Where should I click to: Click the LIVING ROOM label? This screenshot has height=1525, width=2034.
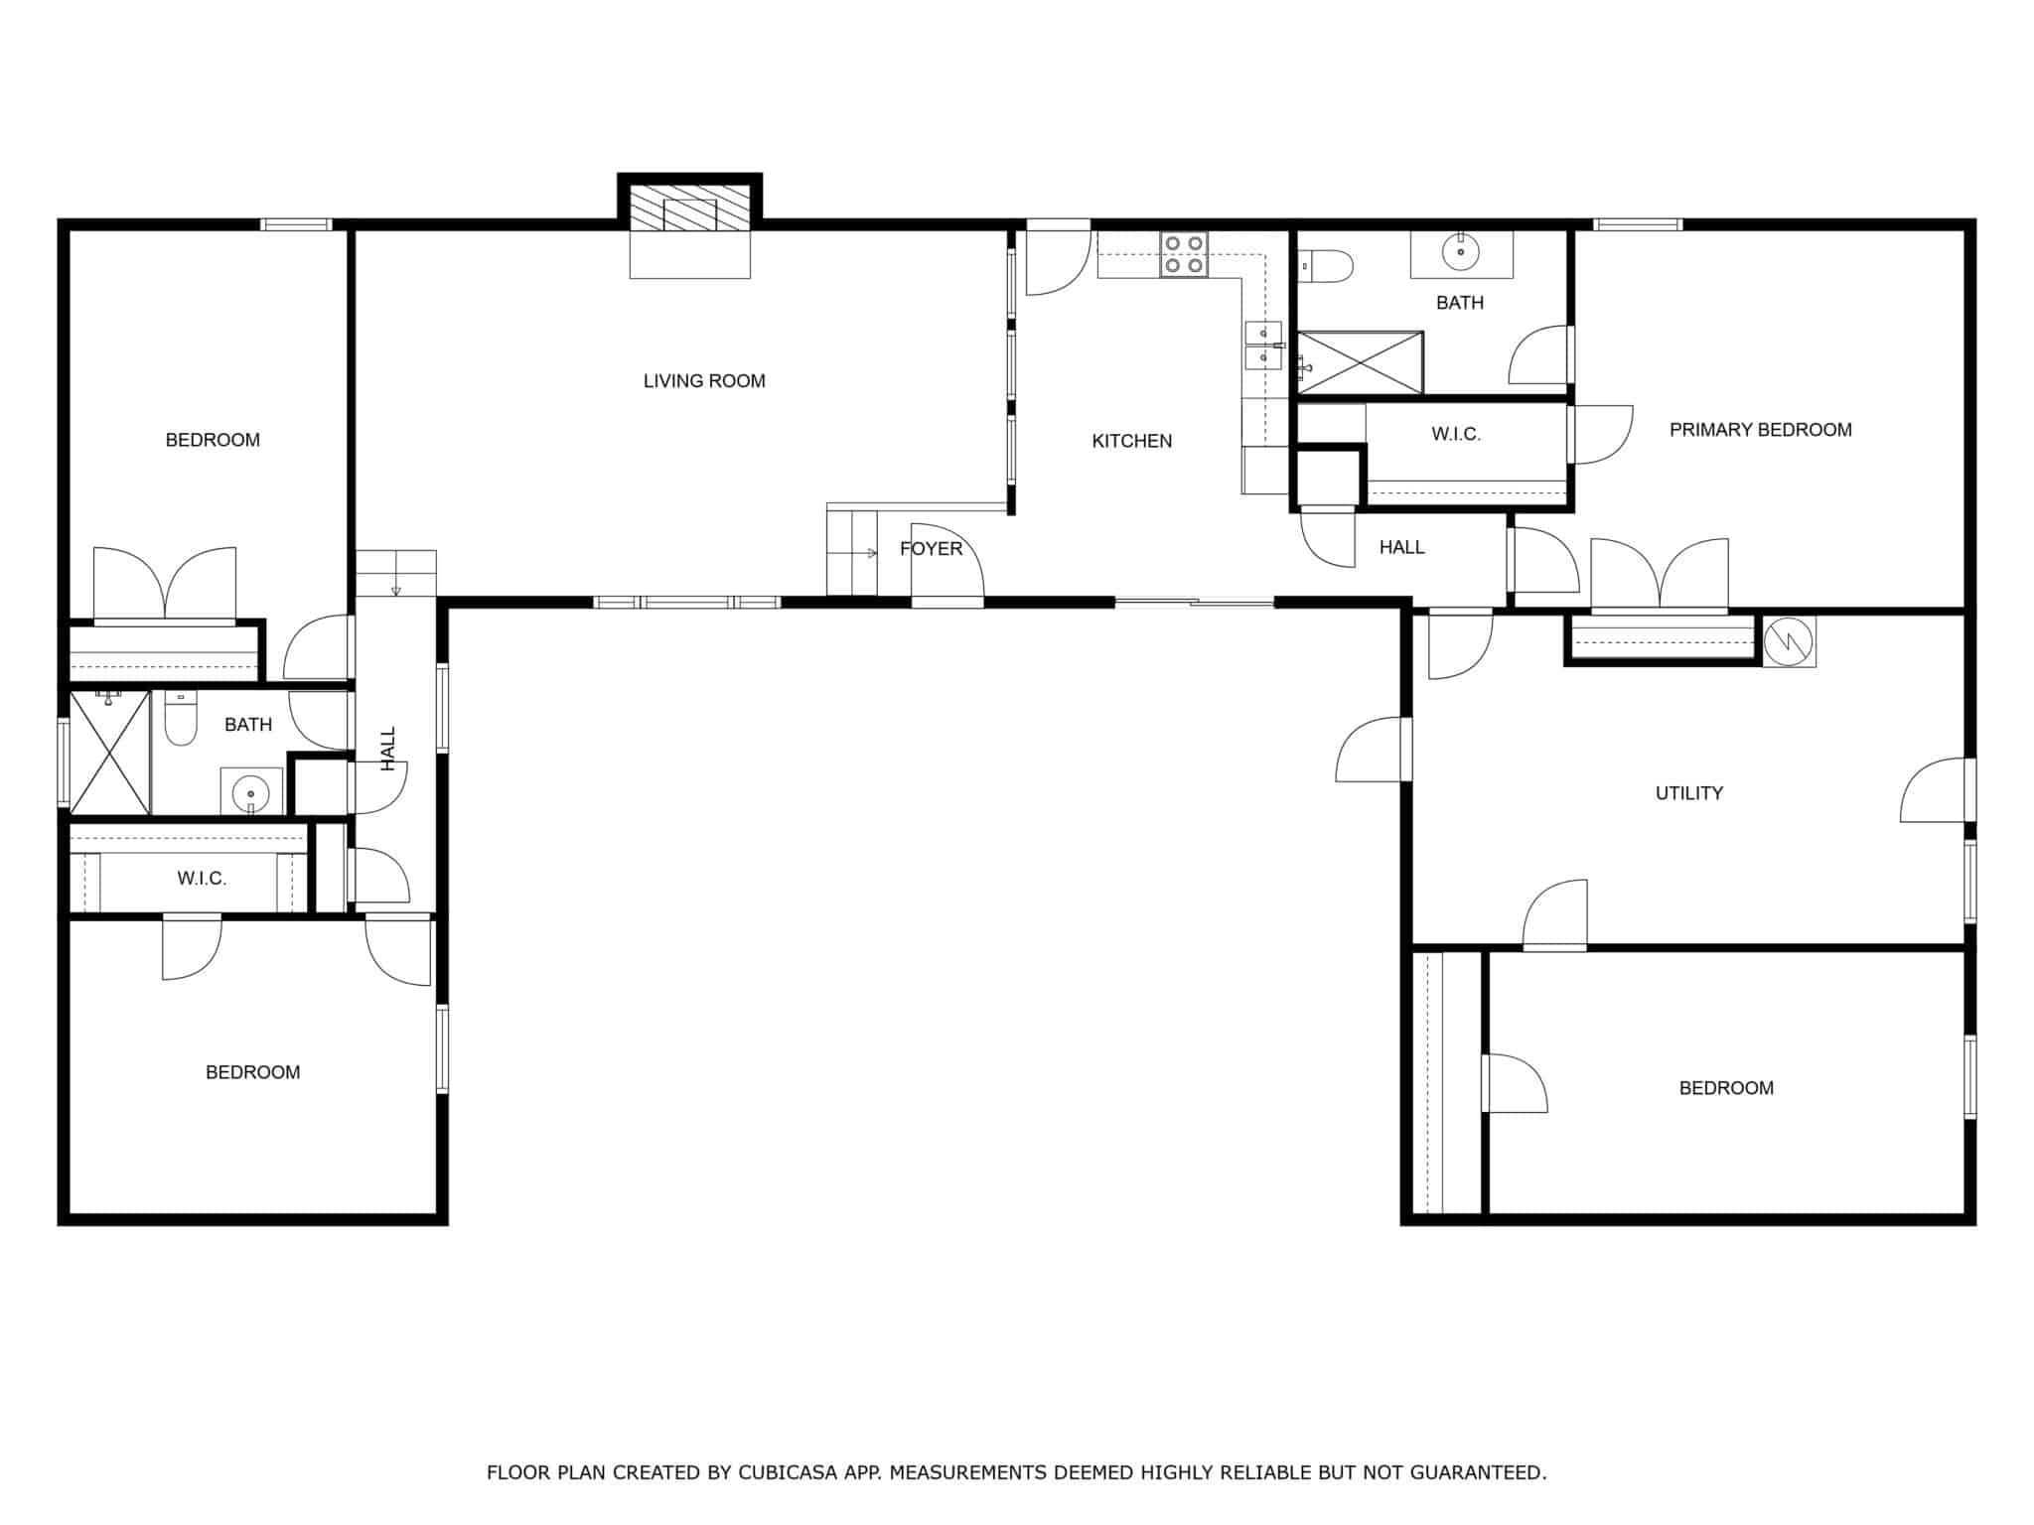tap(704, 381)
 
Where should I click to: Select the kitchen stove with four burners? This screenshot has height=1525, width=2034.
tap(1184, 255)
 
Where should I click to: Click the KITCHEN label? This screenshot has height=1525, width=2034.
tap(1131, 441)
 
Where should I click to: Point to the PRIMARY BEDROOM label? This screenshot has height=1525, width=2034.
tap(1760, 430)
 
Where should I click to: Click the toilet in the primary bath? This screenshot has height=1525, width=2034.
tap(1326, 266)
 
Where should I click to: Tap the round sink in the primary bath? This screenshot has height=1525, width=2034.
tap(1461, 252)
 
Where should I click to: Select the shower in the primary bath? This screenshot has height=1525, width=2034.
tap(1361, 362)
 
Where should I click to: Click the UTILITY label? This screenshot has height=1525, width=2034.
tap(1688, 793)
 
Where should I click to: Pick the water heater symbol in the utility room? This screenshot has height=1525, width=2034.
tap(1789, 641)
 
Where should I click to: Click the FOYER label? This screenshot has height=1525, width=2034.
tap(931, 549)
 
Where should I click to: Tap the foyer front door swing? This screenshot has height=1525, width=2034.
tap(947, 561)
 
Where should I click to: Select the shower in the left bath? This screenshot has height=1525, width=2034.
tap(110, 753)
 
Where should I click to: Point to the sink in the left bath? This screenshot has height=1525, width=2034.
tap(250, 793)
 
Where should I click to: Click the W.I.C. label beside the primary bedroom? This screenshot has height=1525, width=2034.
tap(1456, 434)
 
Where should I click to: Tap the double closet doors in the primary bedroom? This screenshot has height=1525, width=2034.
tap(1660, 575)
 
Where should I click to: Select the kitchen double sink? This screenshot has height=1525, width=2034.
tap(1263, 345)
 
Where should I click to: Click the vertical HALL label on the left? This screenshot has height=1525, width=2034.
tap(388, 749)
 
